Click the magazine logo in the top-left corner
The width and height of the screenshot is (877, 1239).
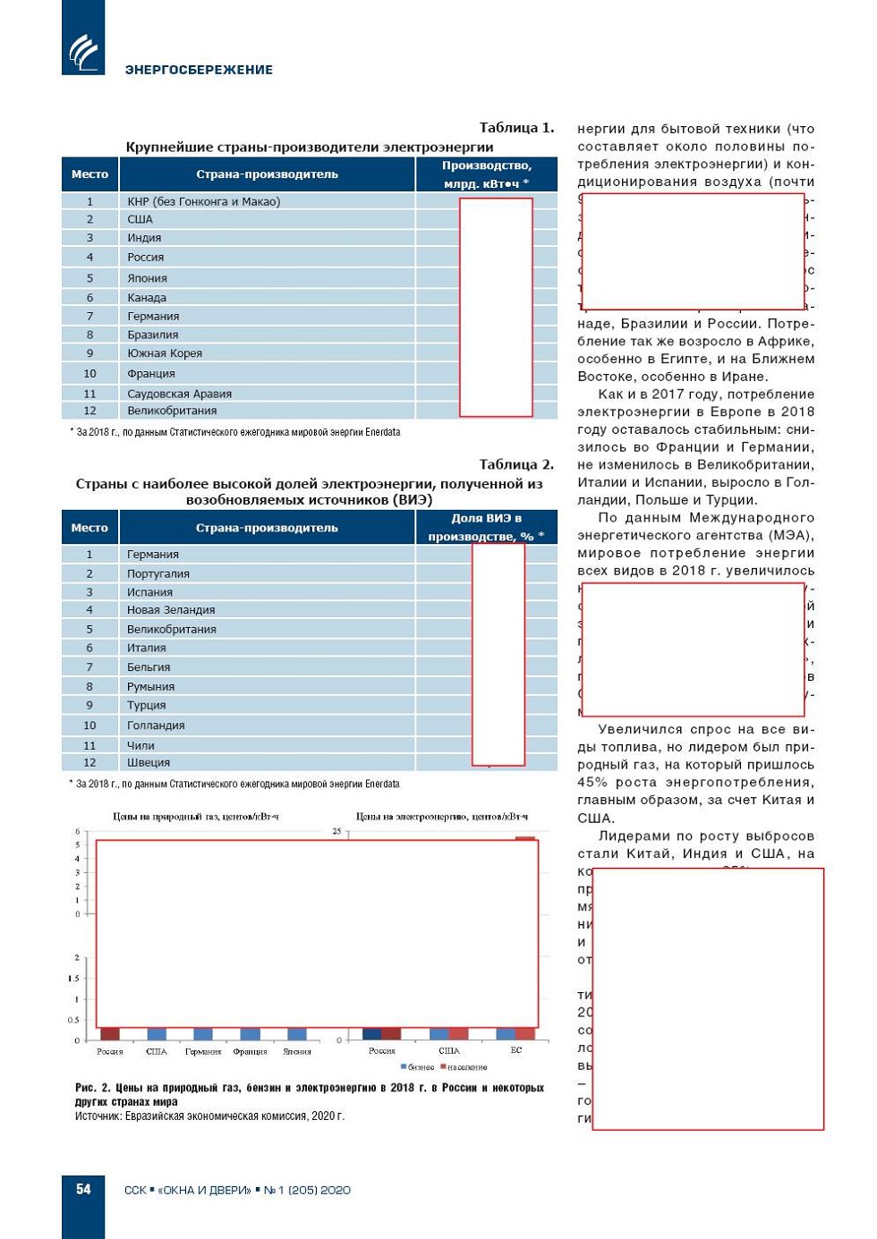[83, 51]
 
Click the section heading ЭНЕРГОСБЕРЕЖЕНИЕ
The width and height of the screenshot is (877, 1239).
[199, 70]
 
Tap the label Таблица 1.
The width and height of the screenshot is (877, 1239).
[516, 127]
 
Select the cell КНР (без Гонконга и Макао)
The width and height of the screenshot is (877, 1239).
[203, 201]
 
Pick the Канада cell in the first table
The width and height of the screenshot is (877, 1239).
[147, 298]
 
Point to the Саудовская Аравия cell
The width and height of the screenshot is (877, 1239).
[179, 394]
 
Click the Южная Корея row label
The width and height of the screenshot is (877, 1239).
[165, 353]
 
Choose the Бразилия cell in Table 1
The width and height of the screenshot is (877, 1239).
[152, 335]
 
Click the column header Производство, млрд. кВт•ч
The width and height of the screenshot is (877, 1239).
[486, 174]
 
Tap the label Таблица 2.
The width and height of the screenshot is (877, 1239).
[516, 464]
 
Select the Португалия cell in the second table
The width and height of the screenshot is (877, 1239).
[158, 573]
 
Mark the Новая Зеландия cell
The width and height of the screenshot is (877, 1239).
[171, 610]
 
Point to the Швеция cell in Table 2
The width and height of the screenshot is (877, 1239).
[149, 763]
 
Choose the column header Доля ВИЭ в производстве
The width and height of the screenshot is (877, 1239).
[486, 528]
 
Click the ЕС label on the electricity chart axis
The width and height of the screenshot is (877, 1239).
[516, 1050]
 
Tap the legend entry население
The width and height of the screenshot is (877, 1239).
[466, 1067]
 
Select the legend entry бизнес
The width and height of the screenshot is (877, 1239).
[420, 1067]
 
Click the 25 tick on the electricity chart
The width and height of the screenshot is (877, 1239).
[337, 831]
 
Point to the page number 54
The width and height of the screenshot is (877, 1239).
[83, 1189]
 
